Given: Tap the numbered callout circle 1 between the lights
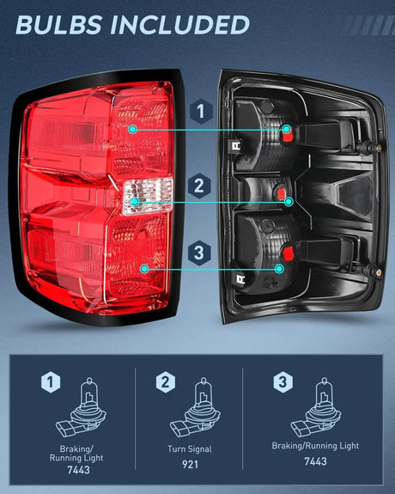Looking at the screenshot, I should click(x=199, y=111).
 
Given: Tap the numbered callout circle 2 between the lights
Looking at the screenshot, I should click(x=199, y=184).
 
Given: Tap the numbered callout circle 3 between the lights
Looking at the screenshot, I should click(x=199, y=253).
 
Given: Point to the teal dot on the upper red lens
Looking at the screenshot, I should click(x=132, y=128).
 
